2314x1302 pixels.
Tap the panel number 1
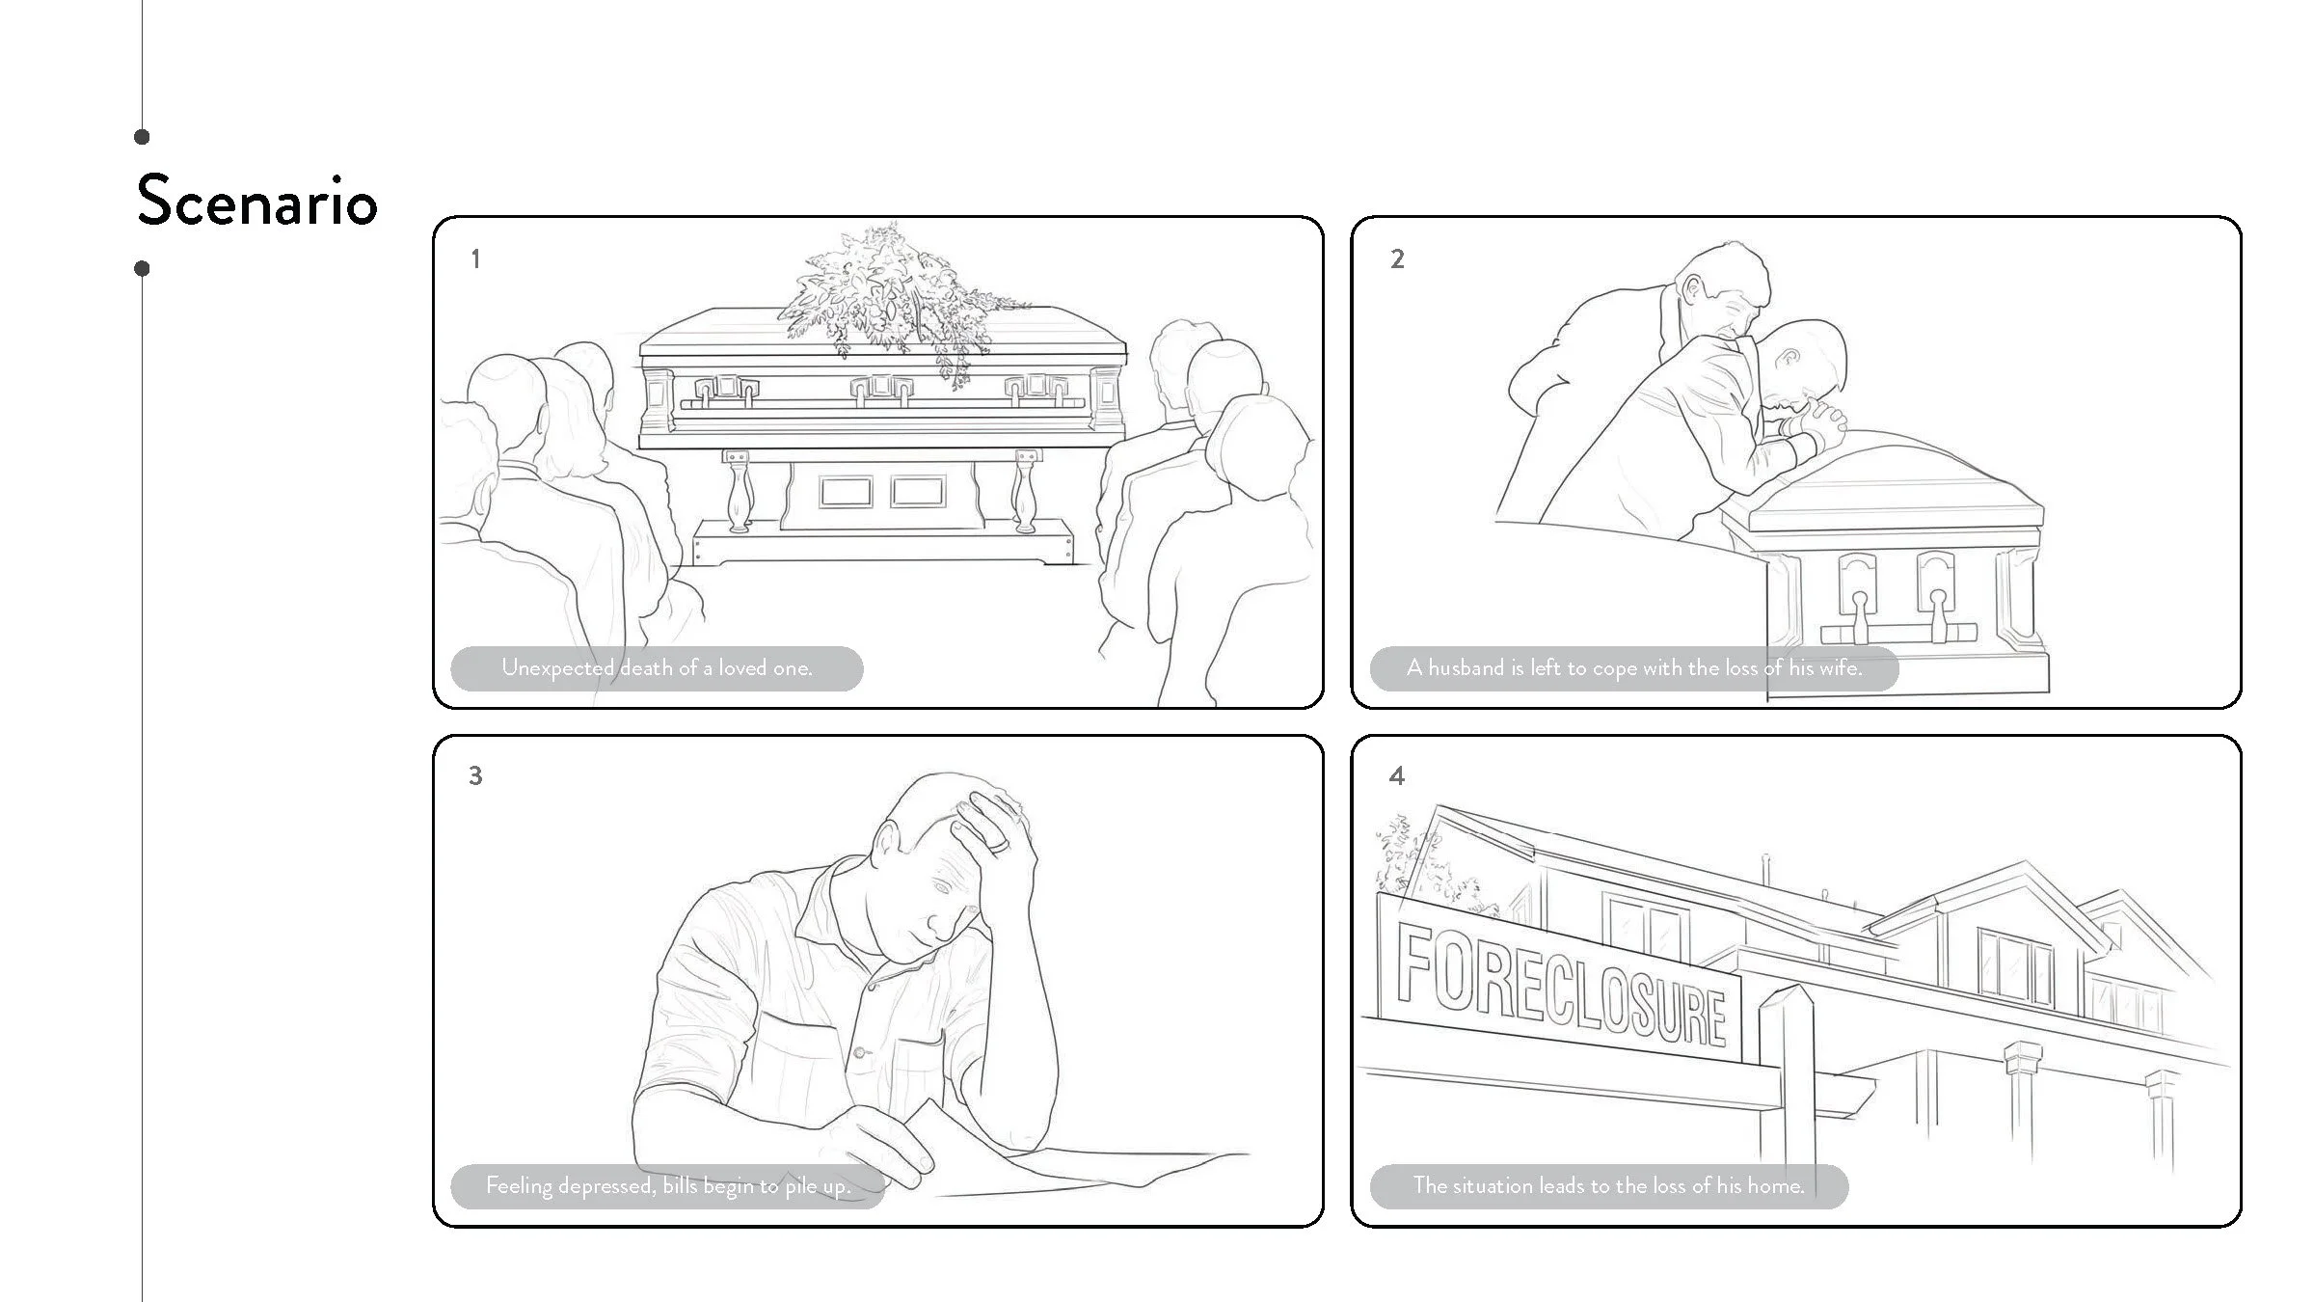(474, 258)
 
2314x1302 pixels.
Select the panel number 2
(1397, 258)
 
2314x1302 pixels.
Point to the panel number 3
(475, 775)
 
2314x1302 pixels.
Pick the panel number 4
(1397, 775)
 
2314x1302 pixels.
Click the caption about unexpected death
(657, 667)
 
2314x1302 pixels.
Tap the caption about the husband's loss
(1634, 667)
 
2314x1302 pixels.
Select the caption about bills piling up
(667, 1185)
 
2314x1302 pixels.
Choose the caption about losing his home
(1608, 1185)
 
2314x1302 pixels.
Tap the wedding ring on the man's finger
(1003, 845)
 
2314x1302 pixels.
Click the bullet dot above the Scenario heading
(143, 137)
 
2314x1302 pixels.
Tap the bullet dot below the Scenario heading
(143, 268)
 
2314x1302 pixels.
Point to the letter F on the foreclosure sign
(1413, 962)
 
